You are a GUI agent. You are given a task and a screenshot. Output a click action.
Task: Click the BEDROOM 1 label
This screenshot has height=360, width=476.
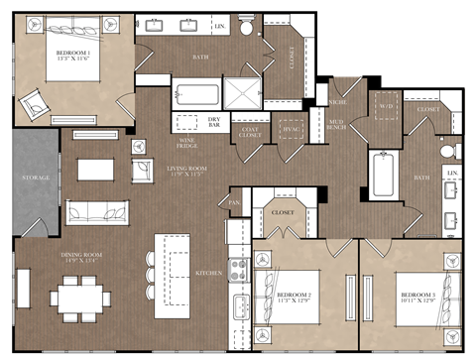(x=75, y=51)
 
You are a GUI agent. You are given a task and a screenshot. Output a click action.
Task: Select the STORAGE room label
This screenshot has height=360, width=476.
(x=36, y=179)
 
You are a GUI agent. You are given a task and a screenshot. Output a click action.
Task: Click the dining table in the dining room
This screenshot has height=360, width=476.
(x=80, y=296)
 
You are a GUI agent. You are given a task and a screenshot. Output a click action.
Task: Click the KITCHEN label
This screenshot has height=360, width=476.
(x=207, y=271)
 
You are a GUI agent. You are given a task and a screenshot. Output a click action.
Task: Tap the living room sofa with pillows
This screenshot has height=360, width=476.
(x=95, y=211)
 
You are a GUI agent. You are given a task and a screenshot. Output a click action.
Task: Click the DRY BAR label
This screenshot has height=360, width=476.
(x=213, y=122)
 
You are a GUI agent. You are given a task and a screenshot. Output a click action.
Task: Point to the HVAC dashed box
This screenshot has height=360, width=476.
(x=292, y=129)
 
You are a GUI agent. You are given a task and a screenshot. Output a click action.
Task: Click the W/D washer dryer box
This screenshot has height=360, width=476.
(x=386, y=106)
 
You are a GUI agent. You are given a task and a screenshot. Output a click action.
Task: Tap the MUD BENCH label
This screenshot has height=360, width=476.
(x=336, y=125)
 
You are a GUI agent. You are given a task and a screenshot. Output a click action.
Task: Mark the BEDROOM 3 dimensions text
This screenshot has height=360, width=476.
(x=416, y=302)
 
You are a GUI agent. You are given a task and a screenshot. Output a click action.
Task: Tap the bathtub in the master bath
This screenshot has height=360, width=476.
(x=195, y=96)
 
